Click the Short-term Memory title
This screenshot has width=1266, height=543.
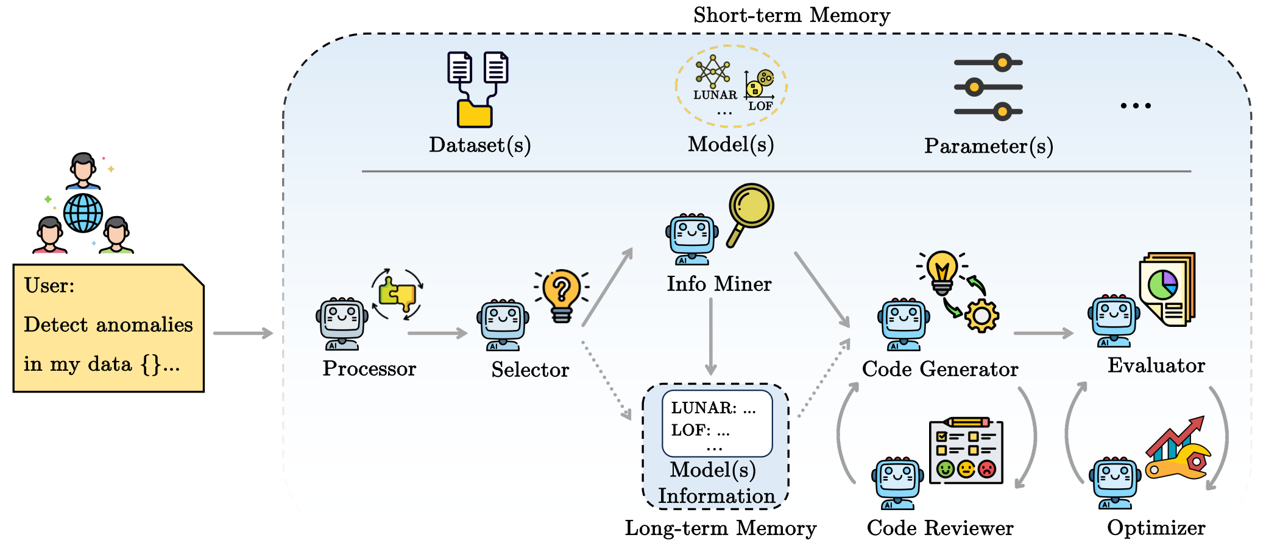point(791,15)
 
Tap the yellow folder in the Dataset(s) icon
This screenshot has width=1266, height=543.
point(475,114)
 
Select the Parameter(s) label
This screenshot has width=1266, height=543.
point(988,146)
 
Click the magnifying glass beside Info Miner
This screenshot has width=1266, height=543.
point(750,210)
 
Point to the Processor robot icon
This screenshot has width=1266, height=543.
point(342,323)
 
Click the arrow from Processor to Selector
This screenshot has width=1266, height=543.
point(437,333)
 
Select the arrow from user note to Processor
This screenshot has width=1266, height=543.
point(242,333)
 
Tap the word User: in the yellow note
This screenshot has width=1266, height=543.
point(49,286)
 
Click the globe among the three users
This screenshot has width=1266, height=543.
point(83,213)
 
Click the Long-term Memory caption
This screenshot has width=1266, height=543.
point(720,528)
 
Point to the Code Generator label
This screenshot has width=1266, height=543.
point(939,369)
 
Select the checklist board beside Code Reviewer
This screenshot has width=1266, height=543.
point(966,451)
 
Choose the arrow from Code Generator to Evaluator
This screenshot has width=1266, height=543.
point(1043,333)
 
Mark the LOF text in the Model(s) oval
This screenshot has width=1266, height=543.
point(760,106)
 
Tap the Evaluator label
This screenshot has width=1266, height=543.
point(1156,365)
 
